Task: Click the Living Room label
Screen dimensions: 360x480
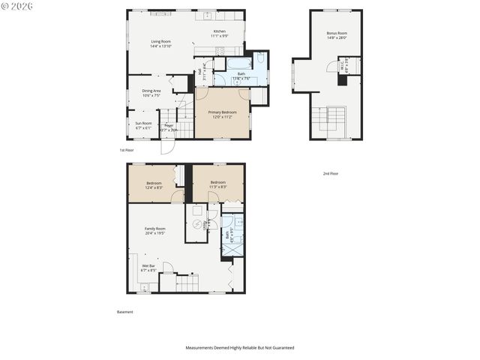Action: click(160, 41)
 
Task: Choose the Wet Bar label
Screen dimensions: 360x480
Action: click(148, 265)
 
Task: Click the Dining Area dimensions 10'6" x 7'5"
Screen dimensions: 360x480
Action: click(151, 95)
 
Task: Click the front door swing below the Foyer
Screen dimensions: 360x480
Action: click(166, 146)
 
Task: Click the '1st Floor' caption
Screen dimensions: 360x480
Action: click(127, 150)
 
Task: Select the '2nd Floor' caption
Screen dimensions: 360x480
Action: click(330, 173)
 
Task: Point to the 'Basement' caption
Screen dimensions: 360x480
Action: click(125, 312)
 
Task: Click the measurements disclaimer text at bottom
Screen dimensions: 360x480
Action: click(240, 348)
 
